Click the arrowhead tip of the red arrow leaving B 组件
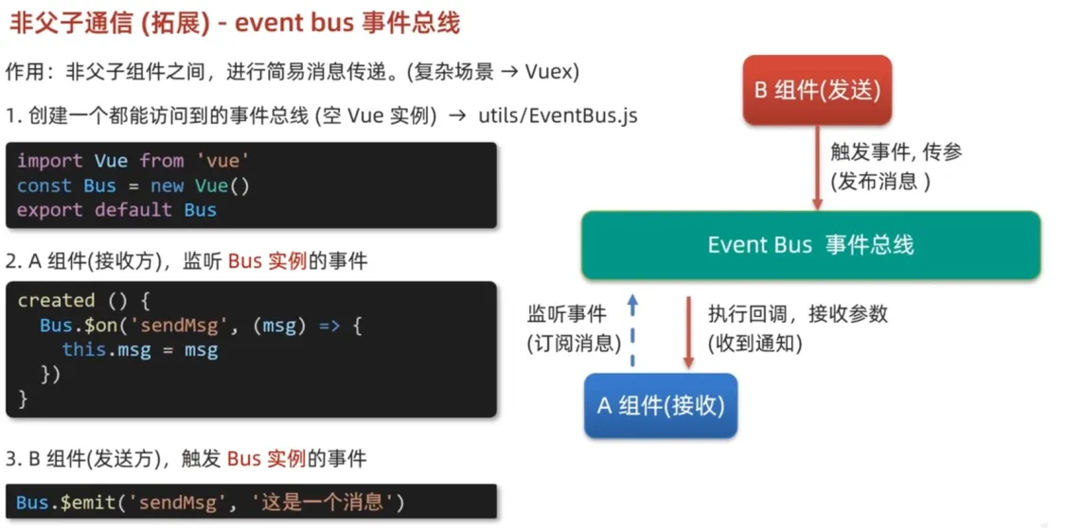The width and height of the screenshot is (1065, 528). coord(818,210)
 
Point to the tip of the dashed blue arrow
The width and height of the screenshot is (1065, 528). coord(632,294)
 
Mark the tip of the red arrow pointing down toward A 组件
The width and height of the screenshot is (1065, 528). coord(688,369)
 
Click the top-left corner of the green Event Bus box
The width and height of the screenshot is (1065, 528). coord(582,212)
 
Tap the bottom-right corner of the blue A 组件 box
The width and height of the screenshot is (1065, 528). coord(737,437)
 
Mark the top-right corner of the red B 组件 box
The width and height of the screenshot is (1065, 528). coord(891,57)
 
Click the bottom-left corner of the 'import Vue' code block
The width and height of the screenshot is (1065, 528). coord(6,227)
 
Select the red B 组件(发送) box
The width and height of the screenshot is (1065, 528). coord(816,91)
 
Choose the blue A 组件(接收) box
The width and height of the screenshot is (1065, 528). coord(661,406)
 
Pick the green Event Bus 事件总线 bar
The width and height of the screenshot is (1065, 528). coord(811,245)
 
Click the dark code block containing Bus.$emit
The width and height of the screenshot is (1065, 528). coord(251,502)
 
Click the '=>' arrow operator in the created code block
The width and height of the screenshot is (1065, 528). coord(328,326)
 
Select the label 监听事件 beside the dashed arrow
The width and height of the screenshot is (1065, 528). coord(567,314)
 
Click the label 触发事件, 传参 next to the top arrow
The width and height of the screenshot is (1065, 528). coord(896,152)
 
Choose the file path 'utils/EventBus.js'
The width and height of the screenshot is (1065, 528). coord(559,116)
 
